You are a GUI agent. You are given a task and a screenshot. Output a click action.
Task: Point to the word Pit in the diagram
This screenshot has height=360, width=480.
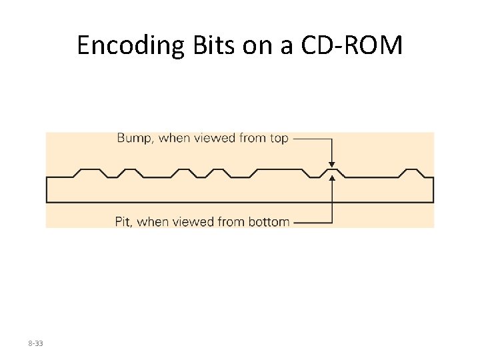click(x=123, y=221)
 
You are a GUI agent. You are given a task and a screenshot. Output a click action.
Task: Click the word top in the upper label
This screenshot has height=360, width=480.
click(x=279, y=138)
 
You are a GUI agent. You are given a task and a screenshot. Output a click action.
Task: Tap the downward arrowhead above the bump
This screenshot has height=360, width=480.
click(x=332, y=164)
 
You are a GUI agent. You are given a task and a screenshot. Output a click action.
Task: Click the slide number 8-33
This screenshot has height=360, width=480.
click(x=35, y=343)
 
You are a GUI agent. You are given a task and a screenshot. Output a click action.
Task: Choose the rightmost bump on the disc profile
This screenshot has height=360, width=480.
click(x=412, y=172)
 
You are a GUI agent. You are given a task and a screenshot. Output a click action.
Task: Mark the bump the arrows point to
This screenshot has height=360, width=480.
click(x=332, y=171)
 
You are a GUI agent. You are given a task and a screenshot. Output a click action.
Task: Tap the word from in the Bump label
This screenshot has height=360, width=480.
click(x=250, y=138)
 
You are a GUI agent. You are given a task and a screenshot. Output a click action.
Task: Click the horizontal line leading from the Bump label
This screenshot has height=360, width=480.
click(x=311, y=139)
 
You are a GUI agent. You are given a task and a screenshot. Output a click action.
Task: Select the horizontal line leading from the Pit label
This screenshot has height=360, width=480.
click(x=311, y=222)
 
